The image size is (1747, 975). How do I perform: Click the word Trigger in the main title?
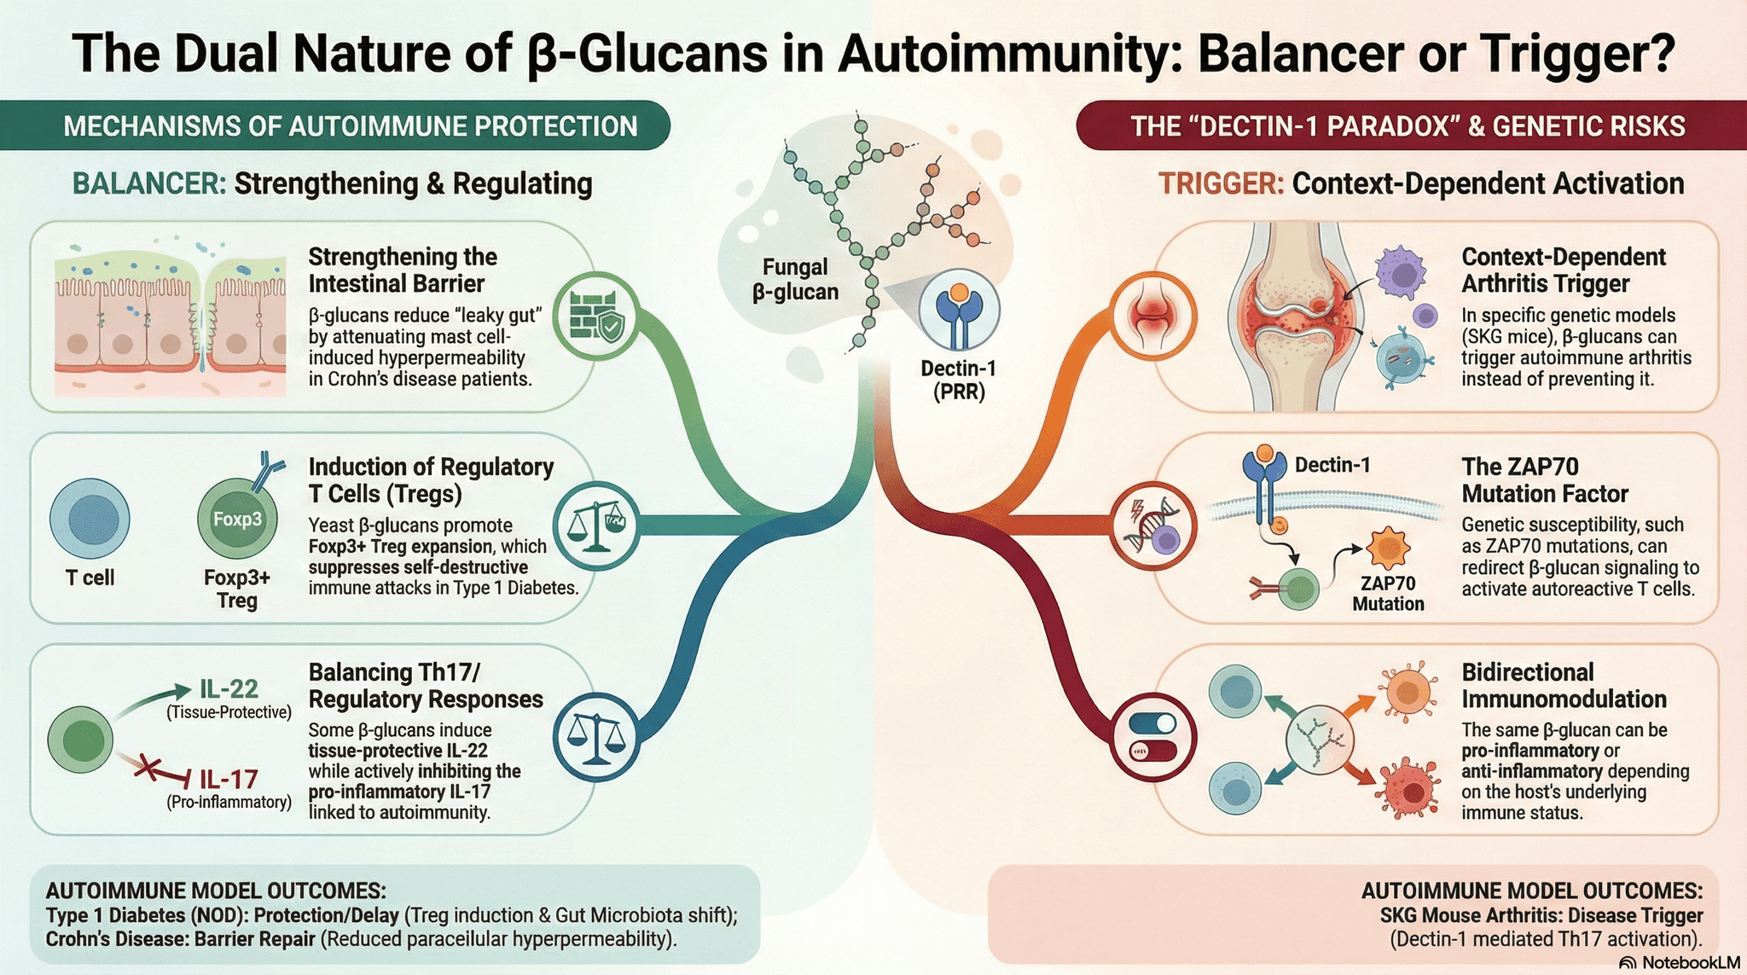[x=1565, y=53]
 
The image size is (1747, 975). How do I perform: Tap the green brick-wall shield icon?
[x=595, y=316]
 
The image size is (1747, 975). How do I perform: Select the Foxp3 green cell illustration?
[x=237, y=518]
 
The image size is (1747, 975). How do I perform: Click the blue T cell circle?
[x=90, y=519]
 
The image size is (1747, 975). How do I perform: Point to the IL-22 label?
[x=229, y=688]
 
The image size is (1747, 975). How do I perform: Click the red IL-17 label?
[x=228, y=779]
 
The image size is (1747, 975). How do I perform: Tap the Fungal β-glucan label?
[x=795, y=279]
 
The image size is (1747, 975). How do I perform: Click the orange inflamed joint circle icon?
[x=1152, y=317]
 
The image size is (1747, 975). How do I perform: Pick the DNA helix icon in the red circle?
[x=1152, y=525]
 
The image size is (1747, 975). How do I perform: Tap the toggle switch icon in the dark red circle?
[x=1152, y=736]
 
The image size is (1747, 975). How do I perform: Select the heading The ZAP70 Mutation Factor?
[x=1544, y=479]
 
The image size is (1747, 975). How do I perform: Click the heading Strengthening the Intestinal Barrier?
[x=403, y=270]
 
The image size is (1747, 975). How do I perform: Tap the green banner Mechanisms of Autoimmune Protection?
[x=350, y=126]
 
